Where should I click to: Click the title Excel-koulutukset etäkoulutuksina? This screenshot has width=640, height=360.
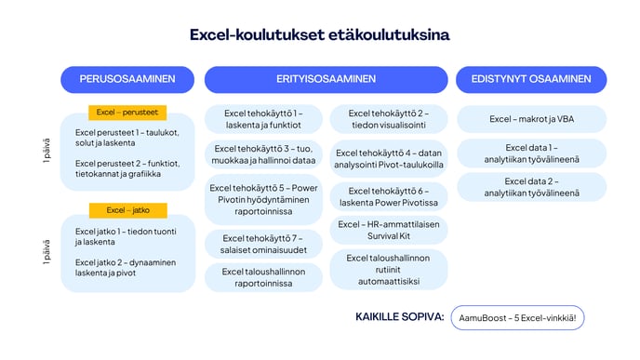319,35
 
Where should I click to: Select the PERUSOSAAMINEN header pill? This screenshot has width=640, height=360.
128,79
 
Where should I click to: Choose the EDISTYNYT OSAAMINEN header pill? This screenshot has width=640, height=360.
531,79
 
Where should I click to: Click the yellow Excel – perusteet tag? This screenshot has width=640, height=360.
127,113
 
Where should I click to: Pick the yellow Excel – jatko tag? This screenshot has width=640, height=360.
127,210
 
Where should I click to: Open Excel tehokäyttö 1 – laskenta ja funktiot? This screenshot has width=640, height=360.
261,119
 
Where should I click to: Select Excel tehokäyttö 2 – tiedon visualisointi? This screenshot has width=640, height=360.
389,119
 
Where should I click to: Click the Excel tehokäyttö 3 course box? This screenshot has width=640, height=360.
261,154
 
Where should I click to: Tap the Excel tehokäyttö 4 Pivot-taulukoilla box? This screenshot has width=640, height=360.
389,158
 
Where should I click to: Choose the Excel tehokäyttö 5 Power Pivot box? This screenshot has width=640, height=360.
261,200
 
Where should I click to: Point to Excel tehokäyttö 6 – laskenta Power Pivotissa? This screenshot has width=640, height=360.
389,196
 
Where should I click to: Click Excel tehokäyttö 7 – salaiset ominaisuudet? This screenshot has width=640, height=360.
261,244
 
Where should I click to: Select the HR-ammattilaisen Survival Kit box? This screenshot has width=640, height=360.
389,230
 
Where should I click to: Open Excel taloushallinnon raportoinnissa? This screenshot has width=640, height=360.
261,276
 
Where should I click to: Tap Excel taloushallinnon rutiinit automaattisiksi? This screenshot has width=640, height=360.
389,269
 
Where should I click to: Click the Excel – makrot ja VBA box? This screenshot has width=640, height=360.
531,119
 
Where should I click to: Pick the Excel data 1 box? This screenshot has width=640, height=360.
531,153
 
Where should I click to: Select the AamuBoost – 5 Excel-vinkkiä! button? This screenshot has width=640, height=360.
516,318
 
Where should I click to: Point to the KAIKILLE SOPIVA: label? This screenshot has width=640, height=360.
399,317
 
